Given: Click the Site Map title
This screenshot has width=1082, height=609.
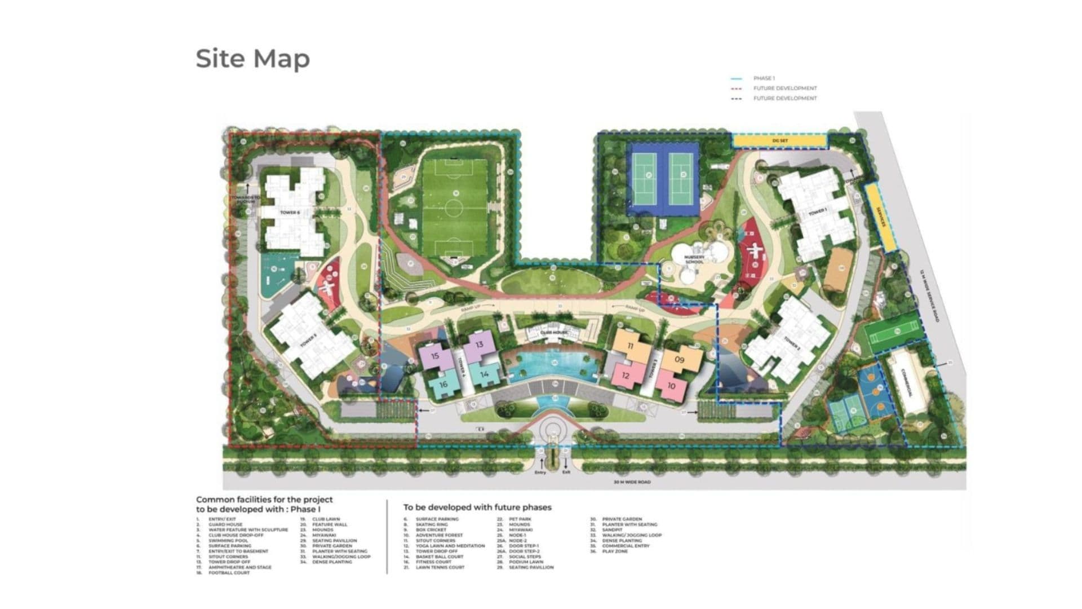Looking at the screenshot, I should [252, 59].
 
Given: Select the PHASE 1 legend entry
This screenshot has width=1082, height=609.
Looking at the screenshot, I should [764, 78].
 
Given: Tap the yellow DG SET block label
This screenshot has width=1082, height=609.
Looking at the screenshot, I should [779, 140].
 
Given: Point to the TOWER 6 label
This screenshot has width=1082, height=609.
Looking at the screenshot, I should [290, 213].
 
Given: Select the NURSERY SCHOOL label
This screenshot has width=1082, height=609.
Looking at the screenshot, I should [694, 260].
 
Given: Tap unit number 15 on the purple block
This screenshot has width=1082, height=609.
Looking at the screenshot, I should [435, 356].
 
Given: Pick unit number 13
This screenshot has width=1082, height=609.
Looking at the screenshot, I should [480, 345].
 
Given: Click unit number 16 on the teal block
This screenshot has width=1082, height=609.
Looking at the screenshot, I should [444, 385].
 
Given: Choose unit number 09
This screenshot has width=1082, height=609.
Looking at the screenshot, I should [679, 360].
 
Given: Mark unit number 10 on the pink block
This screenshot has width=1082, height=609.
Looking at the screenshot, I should [671, 386].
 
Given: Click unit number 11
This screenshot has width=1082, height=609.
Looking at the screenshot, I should [630, 346].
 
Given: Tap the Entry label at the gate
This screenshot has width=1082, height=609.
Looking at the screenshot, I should [540, 473].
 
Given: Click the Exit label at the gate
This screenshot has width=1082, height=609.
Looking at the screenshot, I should [566, 473].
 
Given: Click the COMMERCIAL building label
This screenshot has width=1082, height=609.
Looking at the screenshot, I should [907, 383].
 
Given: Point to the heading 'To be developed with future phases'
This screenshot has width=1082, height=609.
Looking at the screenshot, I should [477, 507].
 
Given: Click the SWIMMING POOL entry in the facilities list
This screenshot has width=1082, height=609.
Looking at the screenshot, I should [228, 541].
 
